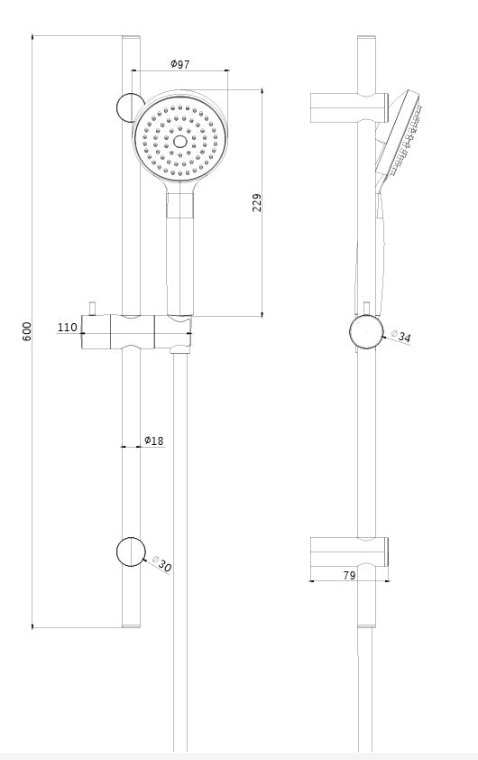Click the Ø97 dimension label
click(x=179, y=63)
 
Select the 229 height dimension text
click(x=257, y=203)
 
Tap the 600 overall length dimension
click(x=26, y=331)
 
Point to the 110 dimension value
click(x=68, y=328)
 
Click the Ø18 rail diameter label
click(x=153, y=440)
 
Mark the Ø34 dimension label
click(x=402, y=336)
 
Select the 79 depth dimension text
click(x=349, y=575)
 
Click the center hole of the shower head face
click(x=179, y=141)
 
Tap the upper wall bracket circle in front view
click(x=129, y=107)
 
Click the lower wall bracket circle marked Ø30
click(x=131, y=551)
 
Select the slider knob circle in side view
click(x=366, y=331)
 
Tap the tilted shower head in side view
click(x=403, y=135)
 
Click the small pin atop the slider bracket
click(x=94, y=307)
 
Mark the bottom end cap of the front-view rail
click(x=131, y=623)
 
